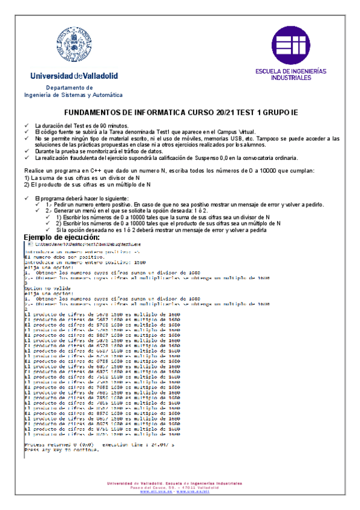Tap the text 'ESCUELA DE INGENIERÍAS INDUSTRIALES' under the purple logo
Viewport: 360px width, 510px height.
[291, 74]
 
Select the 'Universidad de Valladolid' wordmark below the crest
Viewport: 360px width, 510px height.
[74, 76]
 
